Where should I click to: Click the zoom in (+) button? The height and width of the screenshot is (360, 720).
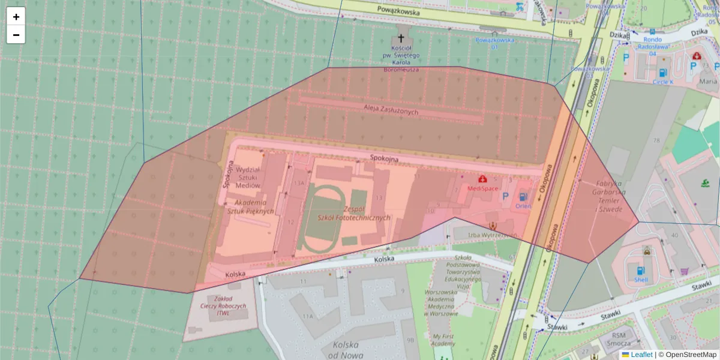(x=16, y=17)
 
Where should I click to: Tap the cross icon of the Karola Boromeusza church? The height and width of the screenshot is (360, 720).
(x=401, y=37)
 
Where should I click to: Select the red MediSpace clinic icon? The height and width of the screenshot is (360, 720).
(x=482, y=179)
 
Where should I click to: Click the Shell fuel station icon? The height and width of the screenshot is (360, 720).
(x=641, y=270)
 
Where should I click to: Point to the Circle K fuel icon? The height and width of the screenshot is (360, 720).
(x=662, y=73)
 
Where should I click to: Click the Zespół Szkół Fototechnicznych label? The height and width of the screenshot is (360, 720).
(x=353, y=214)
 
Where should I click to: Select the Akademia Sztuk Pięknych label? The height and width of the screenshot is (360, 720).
(x=251, y=206)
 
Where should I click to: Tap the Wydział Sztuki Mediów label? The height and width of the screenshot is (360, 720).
(x=248, y=178)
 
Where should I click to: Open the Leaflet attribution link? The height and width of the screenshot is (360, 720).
(x=641, y=355)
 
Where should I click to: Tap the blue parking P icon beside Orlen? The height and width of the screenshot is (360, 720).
(x=505, y=196)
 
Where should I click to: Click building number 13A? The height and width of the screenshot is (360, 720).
(x=299, y=183)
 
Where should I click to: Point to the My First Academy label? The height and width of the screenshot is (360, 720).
(x=444, y=340)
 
